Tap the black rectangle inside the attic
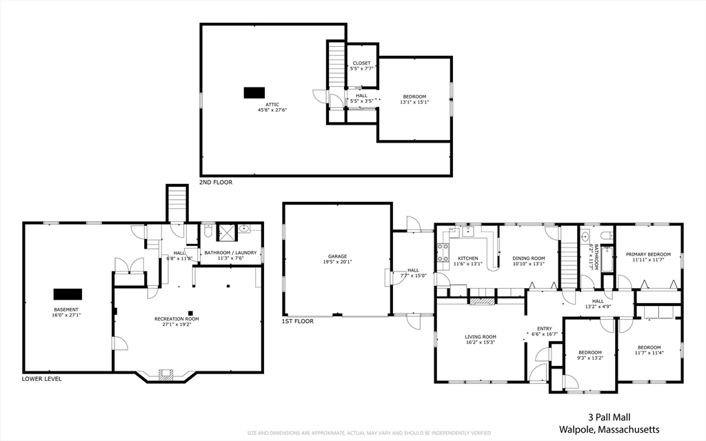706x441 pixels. [254, 92]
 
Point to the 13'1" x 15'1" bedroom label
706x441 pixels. [415, 99]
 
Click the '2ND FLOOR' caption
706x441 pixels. [216, 183]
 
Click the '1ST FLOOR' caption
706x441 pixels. [298, 321]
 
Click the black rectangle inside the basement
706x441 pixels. [68, 294]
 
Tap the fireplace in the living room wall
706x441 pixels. [481, 300]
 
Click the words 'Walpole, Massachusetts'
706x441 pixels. [609, 429]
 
